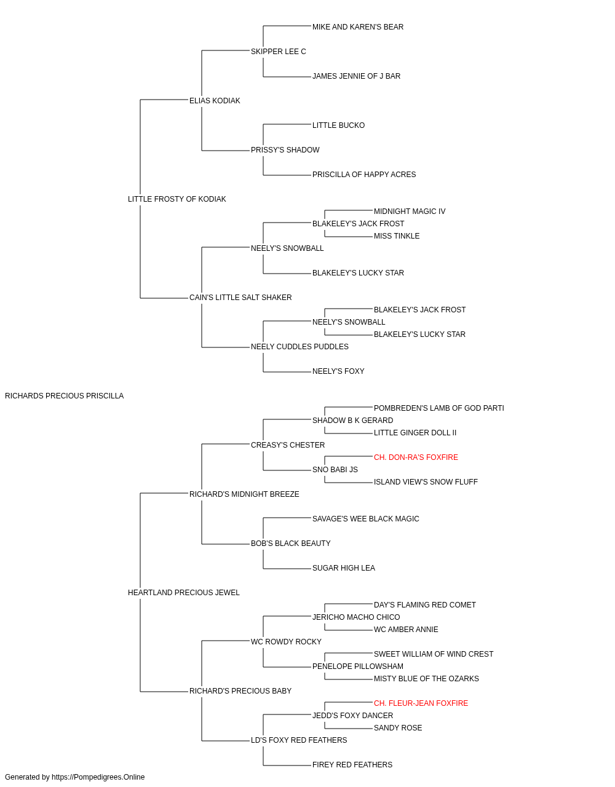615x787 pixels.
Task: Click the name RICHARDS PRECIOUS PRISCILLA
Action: pos(64,396)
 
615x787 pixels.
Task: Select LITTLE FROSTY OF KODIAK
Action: pos(177,199)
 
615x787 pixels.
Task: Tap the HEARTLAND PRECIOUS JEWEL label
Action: pos(184,593)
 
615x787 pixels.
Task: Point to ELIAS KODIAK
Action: pos(215,101)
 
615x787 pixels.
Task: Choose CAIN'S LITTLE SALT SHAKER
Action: pos(240,298)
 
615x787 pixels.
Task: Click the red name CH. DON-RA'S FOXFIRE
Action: pos(416,457)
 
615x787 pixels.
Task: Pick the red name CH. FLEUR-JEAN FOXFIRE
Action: pos(421,703)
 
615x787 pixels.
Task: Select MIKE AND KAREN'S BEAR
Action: pos(358,27)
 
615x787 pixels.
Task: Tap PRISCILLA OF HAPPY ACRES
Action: pos(364,175)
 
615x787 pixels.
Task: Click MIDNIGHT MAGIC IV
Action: pos(410,212)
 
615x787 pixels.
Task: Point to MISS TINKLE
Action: pos(397,236)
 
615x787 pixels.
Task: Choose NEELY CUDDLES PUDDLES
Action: pos(300,347)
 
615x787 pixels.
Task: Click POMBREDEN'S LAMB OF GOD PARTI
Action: pos(439,408)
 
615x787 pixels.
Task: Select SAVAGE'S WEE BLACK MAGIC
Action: pos(366,519)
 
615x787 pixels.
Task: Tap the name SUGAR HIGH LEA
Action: pos(344,568)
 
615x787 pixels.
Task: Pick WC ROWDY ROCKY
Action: pos(286,642)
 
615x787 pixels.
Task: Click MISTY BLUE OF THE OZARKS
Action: pos(426,679)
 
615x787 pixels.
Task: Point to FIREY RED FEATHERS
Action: pos(352,764)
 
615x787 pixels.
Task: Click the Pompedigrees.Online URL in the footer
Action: pos(98,777)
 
